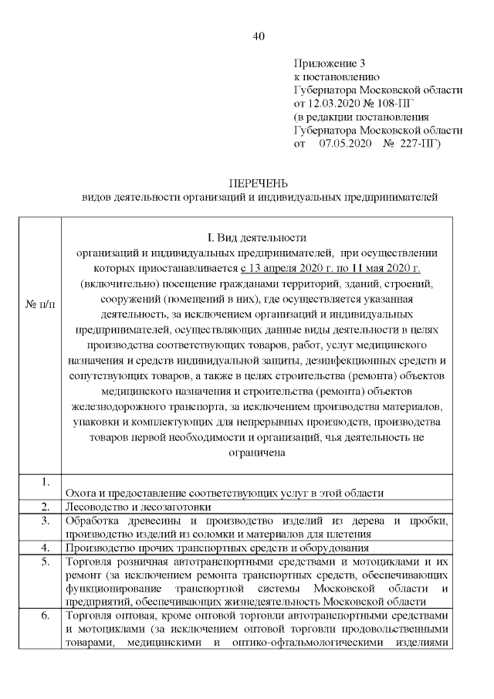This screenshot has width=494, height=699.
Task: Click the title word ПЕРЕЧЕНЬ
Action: click(x=259, y=184)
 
